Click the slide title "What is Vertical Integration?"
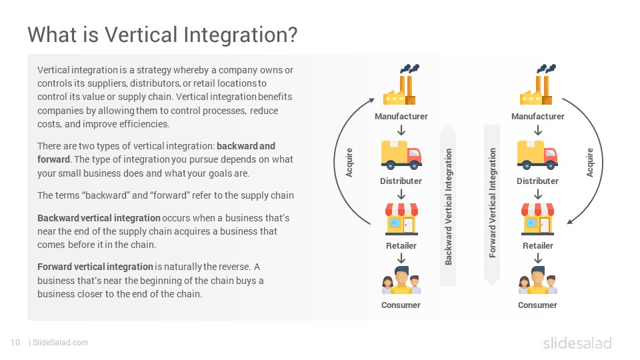click(x=163, y=35)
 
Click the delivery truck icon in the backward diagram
click(x=401, y=155)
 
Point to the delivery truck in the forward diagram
click(x=537, y=155)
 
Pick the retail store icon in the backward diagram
click(x=401, y=219)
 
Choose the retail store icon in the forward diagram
click(x=538, y=219)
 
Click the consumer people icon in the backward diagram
click(x=401, y=281)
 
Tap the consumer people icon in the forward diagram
click(x=538, y=281)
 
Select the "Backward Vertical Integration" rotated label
click(x=448, y=207)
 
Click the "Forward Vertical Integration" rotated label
click(x=492, y=203)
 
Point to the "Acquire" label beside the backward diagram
click(x=349, y=163)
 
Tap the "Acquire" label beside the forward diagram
click(x=590, y=163)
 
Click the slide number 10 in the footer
click(x=15, y=343)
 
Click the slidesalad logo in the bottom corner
click(x=577, y=343)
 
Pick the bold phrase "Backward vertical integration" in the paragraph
click(x=99, y=218)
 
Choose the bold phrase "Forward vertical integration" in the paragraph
click(x=95, y=267)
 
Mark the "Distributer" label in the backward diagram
click(x=401, y=181)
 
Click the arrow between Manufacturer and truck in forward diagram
click(x=538, y=130)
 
